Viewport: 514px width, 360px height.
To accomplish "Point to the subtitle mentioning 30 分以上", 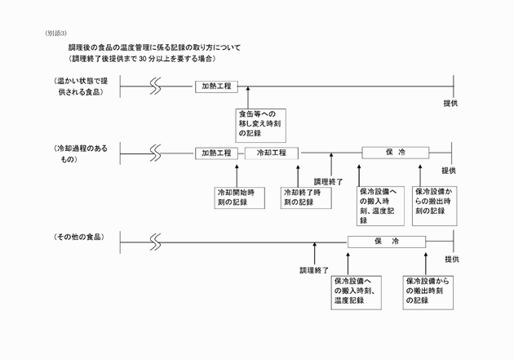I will [x=142, y=59].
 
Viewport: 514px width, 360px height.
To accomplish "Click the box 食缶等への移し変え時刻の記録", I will [x=259, y=122].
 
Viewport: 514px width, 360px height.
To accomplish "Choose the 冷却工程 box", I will [x=272, y=153].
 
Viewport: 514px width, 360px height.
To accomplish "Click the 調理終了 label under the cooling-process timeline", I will [x=328, y=181].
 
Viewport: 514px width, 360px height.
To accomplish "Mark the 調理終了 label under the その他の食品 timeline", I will [x=313, y=269].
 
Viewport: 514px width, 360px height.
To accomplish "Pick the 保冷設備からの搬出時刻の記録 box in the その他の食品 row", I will [x=428, y=291].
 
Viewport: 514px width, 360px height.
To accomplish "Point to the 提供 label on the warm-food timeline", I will [x=450, y=104].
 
